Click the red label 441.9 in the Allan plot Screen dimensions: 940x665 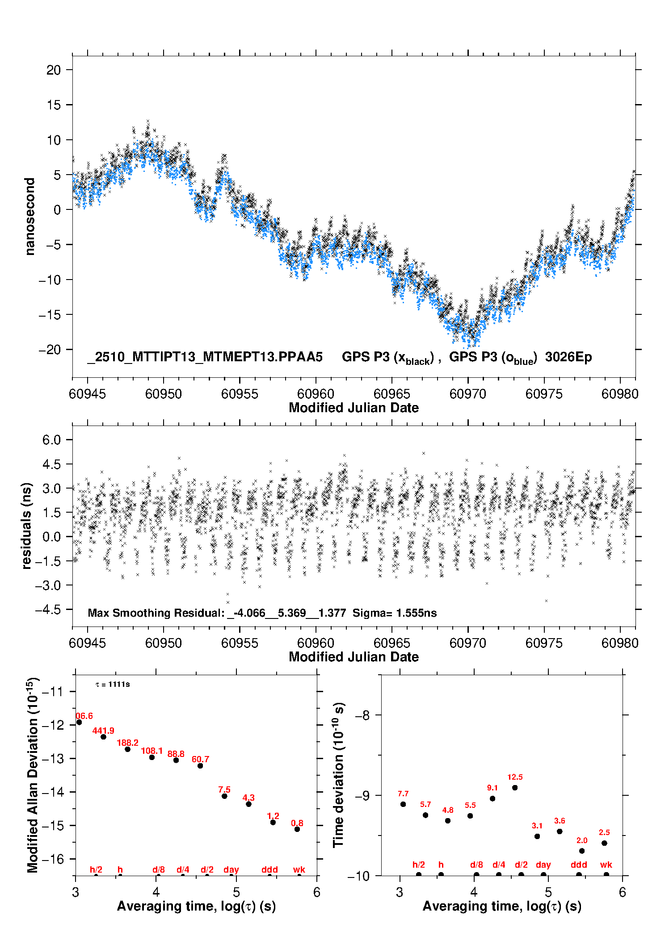point(103,731)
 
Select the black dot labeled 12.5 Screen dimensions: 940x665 point(515,787)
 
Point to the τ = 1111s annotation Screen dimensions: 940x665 point(113,684)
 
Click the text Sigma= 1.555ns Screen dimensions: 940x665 point(395,613)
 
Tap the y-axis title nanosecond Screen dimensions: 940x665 point(29,217)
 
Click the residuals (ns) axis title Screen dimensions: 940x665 point(27,526)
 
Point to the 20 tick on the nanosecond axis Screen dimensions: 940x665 point(54,70)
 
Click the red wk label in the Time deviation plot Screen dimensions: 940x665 point(606,865)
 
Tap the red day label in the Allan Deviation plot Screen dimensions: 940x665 point(231,869)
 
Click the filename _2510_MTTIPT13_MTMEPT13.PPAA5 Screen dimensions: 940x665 point(205,357)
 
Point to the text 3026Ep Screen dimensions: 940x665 point(568,357)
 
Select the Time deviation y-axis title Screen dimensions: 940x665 point(339,775)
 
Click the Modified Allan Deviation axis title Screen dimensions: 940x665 point(33,775)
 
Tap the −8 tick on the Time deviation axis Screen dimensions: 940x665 point(362,715)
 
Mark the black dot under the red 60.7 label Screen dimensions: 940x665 point(200,765)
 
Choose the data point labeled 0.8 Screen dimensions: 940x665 point(297,829)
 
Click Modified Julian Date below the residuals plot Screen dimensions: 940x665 point(354,656)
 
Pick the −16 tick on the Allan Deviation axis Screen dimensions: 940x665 point(53,859)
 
